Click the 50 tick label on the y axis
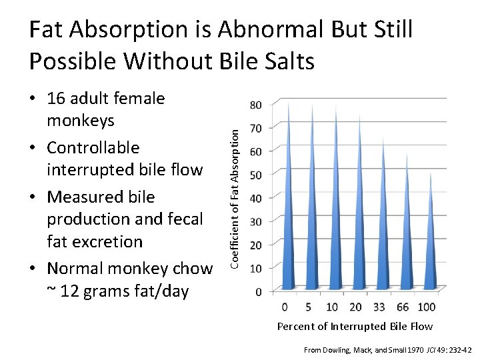255,174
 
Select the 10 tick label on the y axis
255,268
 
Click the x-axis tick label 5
308,307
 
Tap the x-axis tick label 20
355,307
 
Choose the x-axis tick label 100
425,307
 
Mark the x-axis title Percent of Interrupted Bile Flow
355,326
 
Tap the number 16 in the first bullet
57,99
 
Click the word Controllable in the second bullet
93,147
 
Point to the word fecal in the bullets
181,219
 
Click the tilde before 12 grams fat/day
51,291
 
